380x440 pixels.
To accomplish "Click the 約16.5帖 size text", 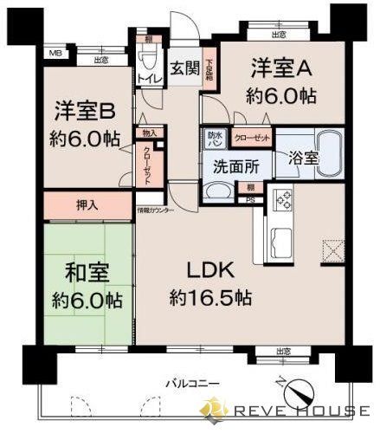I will pos(210,297).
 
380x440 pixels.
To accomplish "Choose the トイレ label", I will pos(146,79).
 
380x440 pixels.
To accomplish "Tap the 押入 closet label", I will pos(86,206).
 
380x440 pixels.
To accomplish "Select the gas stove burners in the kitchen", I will pos(283,201).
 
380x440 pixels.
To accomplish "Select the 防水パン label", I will pos(214,138).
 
